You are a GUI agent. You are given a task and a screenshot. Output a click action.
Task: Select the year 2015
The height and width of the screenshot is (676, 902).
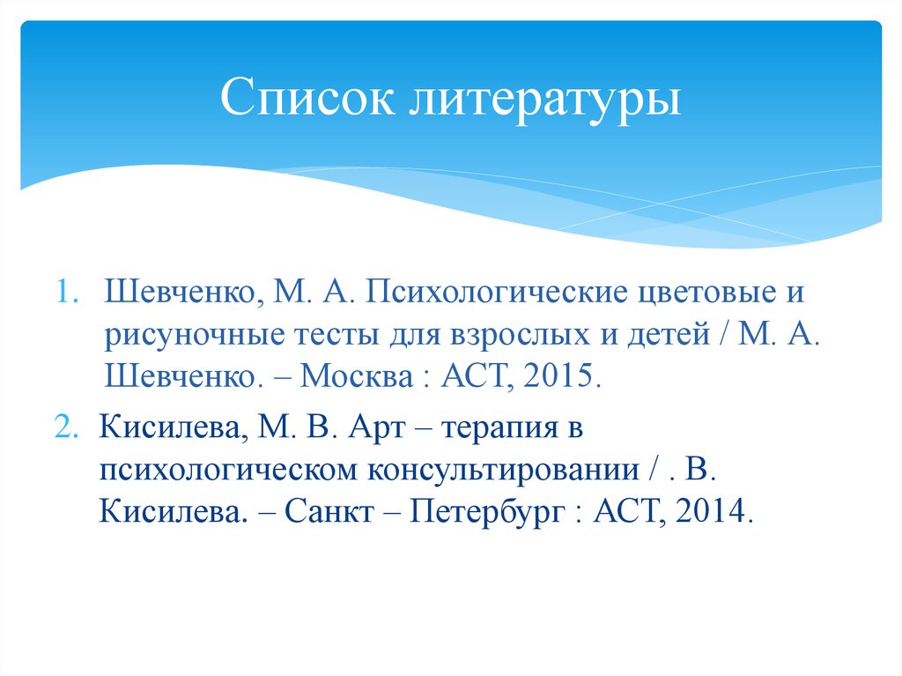click(x=564, y=379)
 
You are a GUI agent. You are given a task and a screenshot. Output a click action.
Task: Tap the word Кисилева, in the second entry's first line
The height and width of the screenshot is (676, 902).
click(x=170, y=429)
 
